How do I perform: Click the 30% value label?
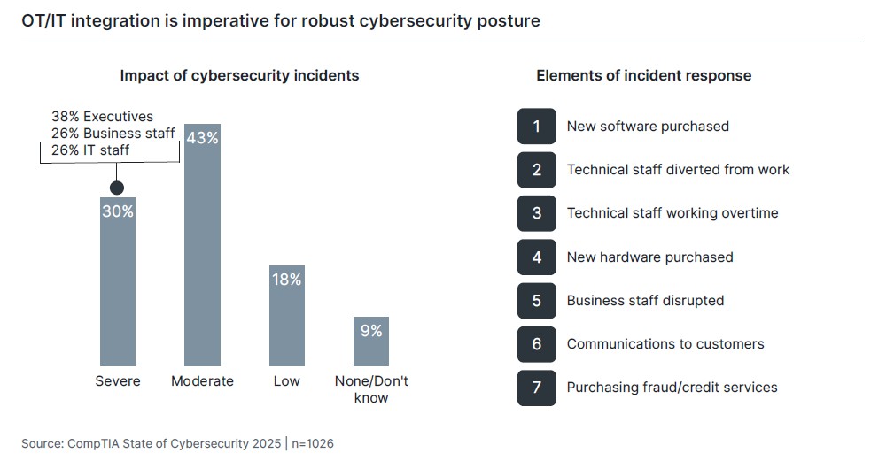pos(117,211)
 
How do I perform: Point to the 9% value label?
pos(371,331)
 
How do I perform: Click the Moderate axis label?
pos(202,381)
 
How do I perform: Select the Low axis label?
pos(286,381)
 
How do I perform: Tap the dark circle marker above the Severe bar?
pos(116,188)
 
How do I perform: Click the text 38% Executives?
pos(102,117)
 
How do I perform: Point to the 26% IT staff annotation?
pos(90,150)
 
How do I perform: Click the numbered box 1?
pos(536,127)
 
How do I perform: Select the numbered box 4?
pos(536,257)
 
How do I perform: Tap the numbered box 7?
pos(536,388)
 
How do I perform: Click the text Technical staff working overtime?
pos(672,213)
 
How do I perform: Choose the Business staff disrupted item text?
pos(645,301)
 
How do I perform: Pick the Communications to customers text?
pos(665,344)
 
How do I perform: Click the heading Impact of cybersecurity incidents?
pos(239,76)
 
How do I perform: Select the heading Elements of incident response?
pos(643,76)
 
